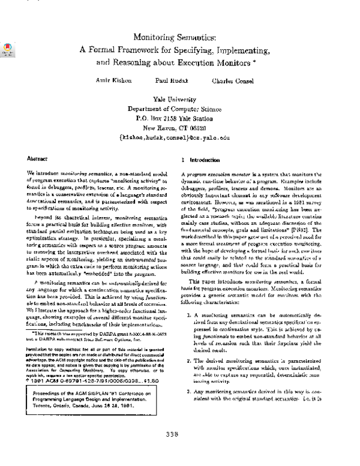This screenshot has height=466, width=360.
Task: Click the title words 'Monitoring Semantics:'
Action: (x=179, y=37)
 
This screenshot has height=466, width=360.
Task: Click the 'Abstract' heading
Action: (x=37, y=159)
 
